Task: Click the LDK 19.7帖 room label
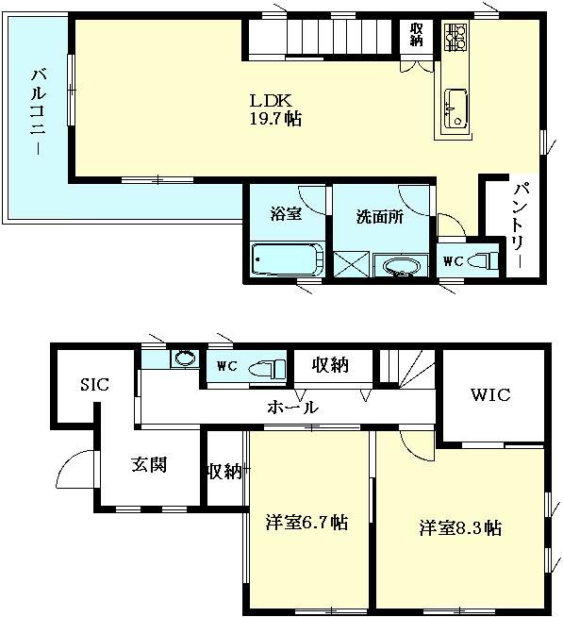pos(275,109)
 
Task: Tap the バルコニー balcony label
pos(38,111)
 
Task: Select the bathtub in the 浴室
pos(288,259)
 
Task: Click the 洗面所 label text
pos(380,217)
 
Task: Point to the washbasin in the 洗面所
pos(401,266)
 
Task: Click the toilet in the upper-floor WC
pos(484,260)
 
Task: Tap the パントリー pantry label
pos(519,225)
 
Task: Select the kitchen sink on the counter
pos(455,108)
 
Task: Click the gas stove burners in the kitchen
pos(455,37)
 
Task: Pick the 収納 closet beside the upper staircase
pos(416,35)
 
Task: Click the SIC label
pos(95,384)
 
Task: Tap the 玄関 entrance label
pos(149,465)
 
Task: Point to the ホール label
pos(292,408)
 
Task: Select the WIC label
pos(490,394)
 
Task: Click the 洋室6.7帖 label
pos(306,522)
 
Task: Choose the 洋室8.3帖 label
pos(460,526)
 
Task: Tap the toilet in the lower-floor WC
pos(267,368)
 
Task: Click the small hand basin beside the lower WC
pos(185,359)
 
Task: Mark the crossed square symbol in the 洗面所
pos(352,263)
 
